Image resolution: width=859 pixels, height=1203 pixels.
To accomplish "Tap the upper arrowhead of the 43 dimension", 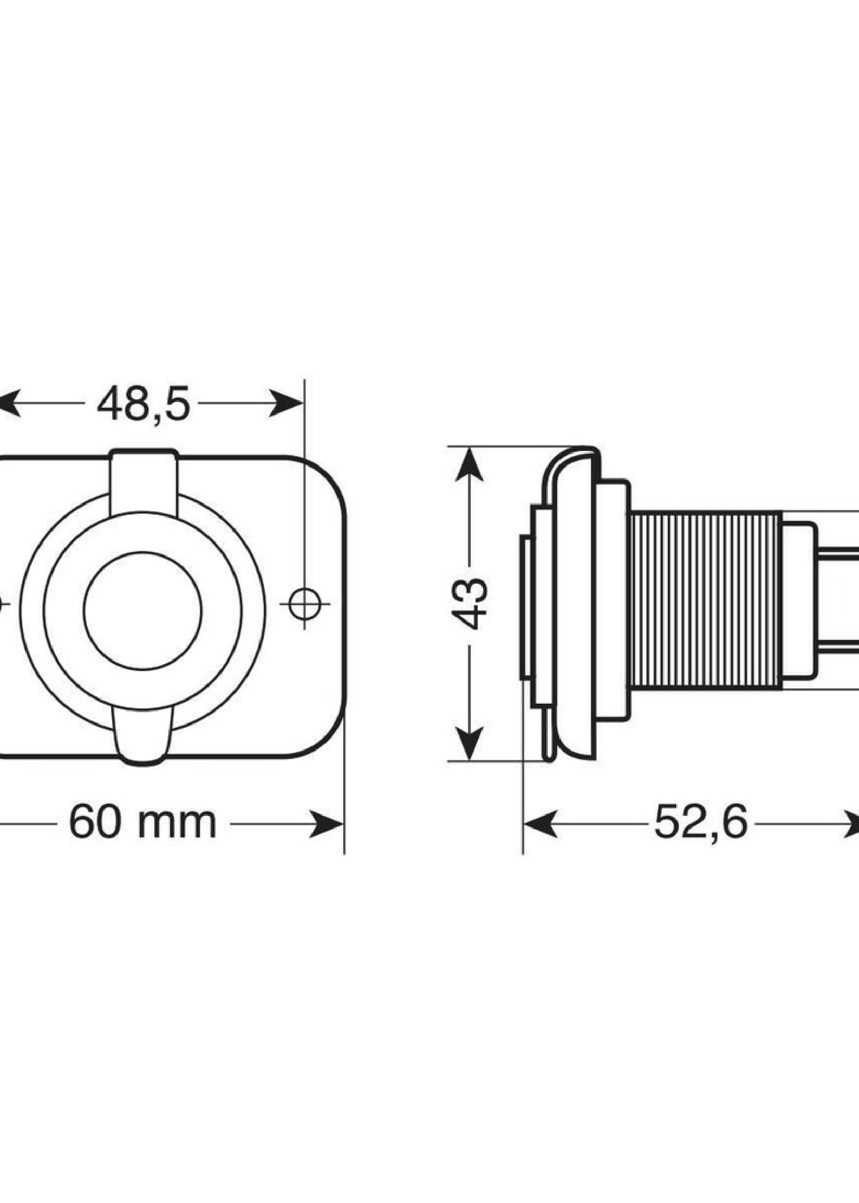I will point(469,465).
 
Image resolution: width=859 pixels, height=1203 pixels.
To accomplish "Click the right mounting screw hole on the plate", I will point(304,603).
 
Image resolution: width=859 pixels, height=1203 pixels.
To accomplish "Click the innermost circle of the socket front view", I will point(143,611).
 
